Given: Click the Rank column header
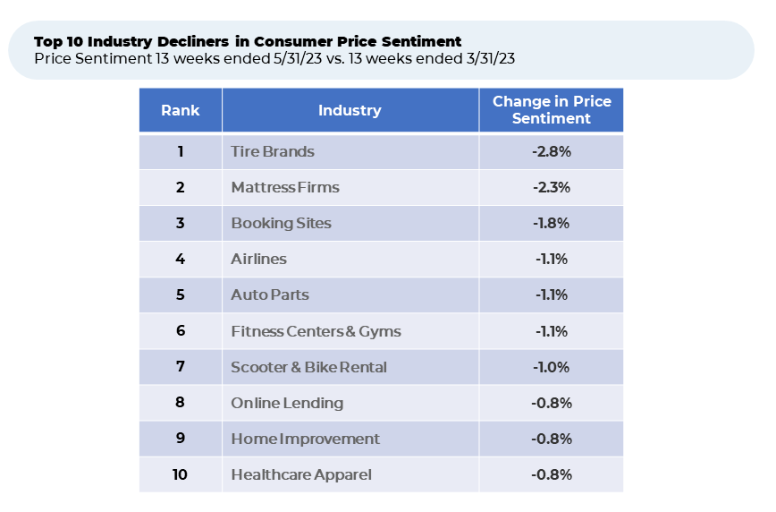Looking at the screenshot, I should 180,111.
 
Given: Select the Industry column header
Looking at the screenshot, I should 350,111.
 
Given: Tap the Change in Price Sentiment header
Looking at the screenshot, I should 552,110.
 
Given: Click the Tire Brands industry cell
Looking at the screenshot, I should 273,152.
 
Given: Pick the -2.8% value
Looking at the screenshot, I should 551,152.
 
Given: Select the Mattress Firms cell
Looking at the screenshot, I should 285,188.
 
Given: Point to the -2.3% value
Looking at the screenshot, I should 551,188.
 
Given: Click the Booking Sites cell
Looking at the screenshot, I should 281,224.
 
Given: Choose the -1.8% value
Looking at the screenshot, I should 551,224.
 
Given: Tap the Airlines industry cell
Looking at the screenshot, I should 258,260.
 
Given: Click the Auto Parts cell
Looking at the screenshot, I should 270,295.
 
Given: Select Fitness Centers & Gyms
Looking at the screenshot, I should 316,331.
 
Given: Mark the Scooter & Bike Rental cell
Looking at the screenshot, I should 308,367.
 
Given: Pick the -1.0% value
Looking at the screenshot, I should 551,367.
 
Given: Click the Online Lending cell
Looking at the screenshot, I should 287,403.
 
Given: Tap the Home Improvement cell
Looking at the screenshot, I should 305,439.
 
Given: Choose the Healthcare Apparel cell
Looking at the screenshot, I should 301,474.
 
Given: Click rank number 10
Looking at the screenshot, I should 180,474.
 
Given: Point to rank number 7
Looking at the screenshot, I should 180,367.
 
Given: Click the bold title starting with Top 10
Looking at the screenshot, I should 248,42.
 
